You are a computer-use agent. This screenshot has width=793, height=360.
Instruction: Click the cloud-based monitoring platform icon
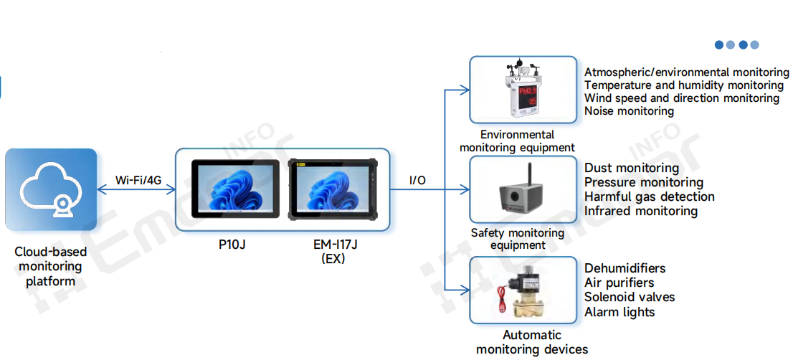coord(50,190)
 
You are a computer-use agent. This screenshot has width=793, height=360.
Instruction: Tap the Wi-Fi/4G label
coord(139,179)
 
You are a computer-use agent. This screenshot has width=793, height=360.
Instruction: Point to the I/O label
coord(417,180)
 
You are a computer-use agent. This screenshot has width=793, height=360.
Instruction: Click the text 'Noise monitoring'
coord(629,111)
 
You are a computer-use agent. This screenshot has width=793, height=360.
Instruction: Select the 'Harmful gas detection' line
coord(649,196)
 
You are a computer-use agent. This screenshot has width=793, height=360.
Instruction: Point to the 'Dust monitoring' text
coord(631,169)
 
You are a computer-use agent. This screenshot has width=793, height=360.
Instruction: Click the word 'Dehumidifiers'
coord(625,268)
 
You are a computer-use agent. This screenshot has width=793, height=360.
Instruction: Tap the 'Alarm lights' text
coord(619,312)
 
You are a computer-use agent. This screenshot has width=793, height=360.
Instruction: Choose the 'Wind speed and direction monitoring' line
coord(681,98)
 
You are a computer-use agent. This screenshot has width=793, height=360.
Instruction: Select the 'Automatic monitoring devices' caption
coord(532,342)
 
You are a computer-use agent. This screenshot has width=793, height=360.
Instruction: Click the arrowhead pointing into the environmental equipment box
coord(466,90)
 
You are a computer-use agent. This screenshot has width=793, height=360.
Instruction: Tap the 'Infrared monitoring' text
coord(640,211)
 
